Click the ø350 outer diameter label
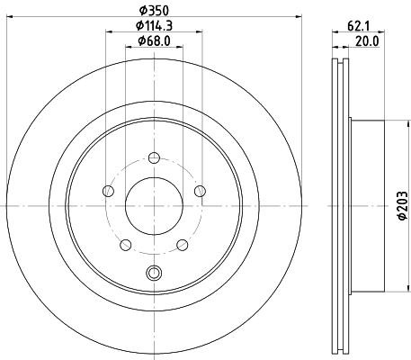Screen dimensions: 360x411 [x=154, y=10]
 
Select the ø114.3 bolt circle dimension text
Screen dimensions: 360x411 [x=154, y=26]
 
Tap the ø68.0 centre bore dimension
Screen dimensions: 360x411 [x=154, y=40]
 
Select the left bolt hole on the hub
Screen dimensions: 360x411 [x=108, y=190]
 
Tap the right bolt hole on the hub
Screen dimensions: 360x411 [x=200, y=190]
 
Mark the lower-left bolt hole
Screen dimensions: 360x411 [x=125, y=244]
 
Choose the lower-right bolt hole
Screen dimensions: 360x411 [x=182, y=244]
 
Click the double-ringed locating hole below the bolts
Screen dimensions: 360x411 [x=154, y=274]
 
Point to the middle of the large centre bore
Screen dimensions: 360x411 [x=154, y=205]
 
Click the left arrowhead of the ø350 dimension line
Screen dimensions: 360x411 [x=8, y=19]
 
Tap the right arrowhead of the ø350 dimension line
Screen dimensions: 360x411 [x=299, y=19]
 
